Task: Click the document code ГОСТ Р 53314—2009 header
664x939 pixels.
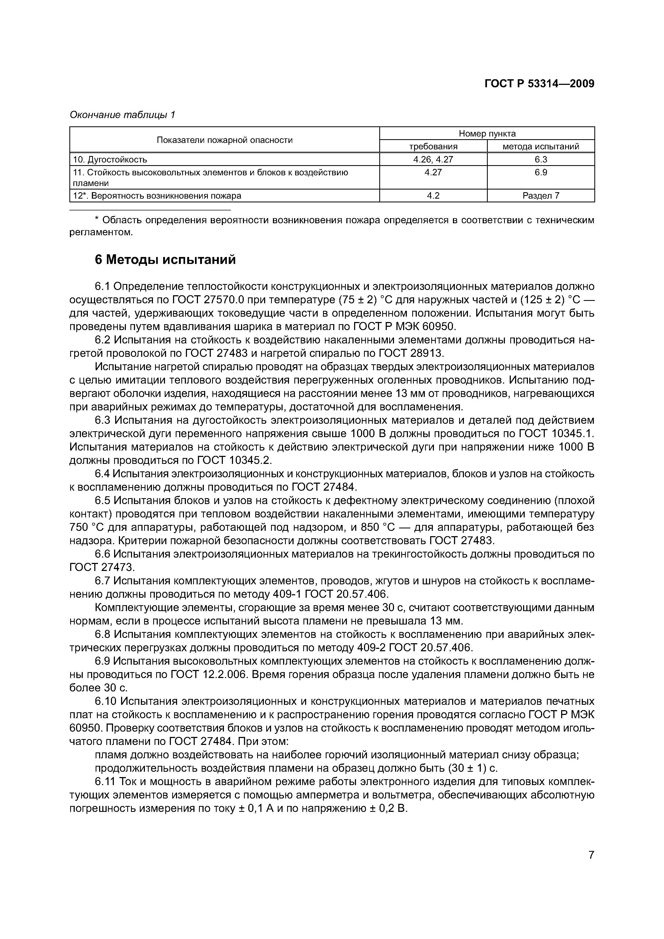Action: [x=539, y=84]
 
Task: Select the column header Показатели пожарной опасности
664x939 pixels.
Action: [x=225, y=140]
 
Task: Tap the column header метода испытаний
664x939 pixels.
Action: [x=541, y=146]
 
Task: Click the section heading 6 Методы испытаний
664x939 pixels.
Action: [x=165, y=260]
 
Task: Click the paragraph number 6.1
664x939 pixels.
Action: [x=102, y=287]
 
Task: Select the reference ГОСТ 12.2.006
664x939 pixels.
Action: [x=208, y=674]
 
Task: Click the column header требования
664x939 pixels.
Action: [x=433, y=146]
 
